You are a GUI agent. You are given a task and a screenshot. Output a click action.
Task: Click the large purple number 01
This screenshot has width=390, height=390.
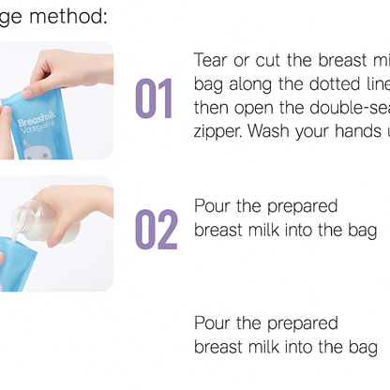[x=155, y=98]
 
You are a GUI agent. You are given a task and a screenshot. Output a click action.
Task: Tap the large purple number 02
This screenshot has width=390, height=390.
[x=156, y=230]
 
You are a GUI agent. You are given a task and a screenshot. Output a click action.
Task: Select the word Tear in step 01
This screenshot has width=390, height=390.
[x=212, y=61]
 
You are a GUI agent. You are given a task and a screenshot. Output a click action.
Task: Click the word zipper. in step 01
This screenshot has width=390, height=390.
[x=218, y=131]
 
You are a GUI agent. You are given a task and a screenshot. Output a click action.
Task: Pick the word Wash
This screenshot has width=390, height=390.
[x=273, y=131]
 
